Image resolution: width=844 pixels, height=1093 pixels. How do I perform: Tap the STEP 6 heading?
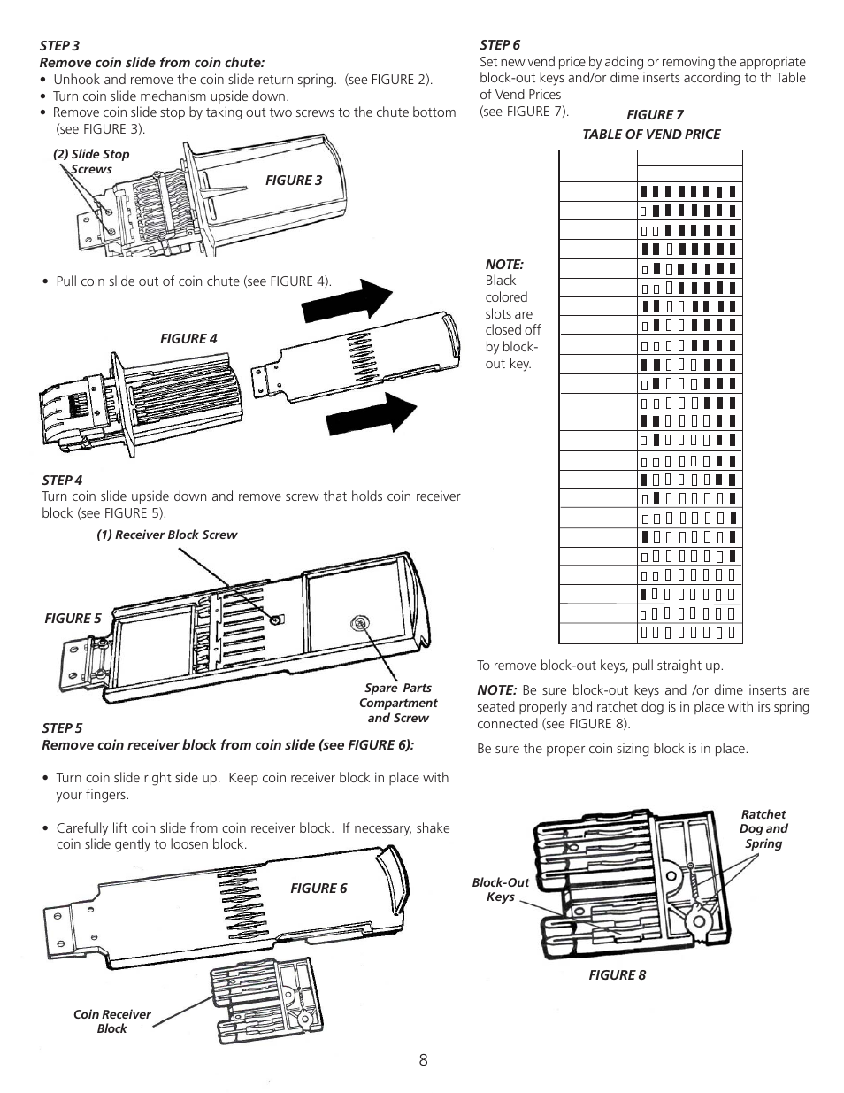[500, 45]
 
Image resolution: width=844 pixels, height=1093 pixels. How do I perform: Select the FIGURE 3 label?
[295, 181]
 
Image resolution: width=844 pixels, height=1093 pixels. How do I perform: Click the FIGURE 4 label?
[188, 339]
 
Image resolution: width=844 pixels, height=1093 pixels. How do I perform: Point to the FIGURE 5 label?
[73, 619]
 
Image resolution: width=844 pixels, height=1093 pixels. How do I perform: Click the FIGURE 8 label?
[618, 974]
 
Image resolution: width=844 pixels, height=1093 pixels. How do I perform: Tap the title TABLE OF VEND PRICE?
[651, 135]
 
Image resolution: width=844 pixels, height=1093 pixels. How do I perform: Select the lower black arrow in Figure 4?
[372, 414]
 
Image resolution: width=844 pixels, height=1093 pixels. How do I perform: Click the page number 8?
[424, 1060]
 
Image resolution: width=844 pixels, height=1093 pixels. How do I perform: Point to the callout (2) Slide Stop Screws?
[91, 161]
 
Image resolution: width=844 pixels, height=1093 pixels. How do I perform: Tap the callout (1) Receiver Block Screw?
[167, 535]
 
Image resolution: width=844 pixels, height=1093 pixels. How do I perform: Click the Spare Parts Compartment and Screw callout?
[398, 703]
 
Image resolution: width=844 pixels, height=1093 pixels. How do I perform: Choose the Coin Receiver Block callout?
[112, 1021]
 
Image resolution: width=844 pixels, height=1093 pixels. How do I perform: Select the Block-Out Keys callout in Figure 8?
[501, 889]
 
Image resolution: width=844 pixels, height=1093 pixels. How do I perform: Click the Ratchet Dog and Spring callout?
[763, 828]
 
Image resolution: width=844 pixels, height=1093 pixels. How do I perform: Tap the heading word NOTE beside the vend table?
[504, 265]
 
